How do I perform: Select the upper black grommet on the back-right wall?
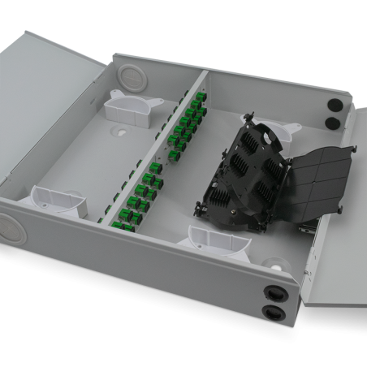point(332,106)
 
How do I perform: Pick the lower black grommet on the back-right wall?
point(331,123)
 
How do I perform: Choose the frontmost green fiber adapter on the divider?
point(124,220)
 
